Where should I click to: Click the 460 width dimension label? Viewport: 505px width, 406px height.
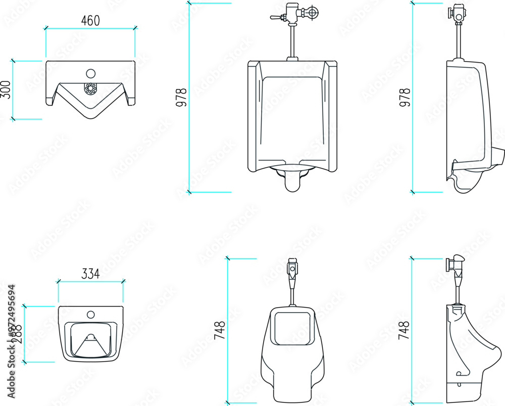90,21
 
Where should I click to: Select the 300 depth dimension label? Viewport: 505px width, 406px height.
6,89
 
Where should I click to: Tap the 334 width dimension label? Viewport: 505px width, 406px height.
90,274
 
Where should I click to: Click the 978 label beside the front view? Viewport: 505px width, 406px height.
182,97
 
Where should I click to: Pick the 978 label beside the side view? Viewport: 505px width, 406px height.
405,97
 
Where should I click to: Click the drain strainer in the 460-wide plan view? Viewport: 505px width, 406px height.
90,89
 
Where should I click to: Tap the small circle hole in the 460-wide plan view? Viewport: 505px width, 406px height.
90,73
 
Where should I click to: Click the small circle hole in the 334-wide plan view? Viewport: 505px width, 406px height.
91,314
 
